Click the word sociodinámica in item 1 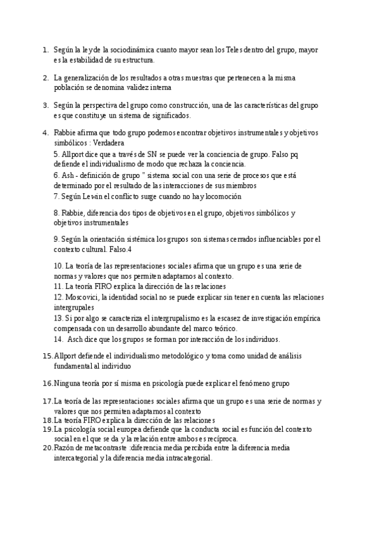[124, 49]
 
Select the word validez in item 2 [152, 87]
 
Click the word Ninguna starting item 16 [68, 383]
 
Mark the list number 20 [47, 448]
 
